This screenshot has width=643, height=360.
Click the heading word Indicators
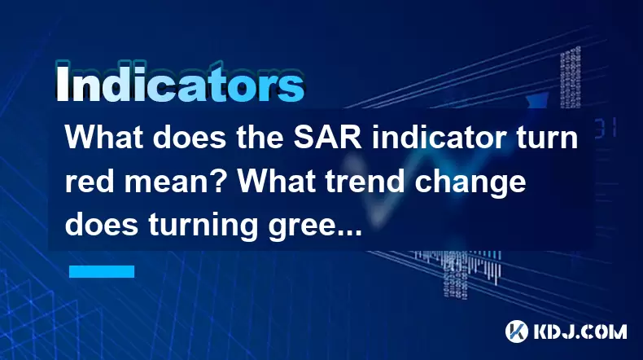(x=179, y=83)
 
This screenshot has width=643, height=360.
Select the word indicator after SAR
(x=439, y=138)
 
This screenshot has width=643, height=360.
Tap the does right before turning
(x=102, y=225)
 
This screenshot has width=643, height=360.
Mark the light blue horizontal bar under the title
(x=102, y=271)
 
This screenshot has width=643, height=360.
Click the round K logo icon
(x=517, y=331)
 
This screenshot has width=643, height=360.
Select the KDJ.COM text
(x=580, y=331)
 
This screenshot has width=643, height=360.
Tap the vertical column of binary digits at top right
(x=570, y=78)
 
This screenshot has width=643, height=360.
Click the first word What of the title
(x=104, y=138)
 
